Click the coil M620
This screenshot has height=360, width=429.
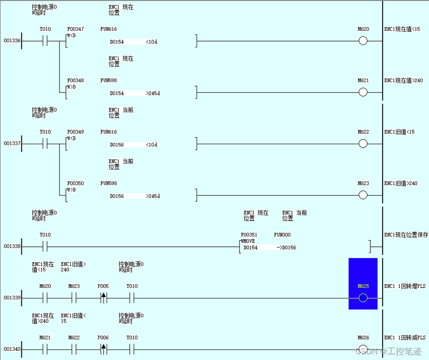(363, 41)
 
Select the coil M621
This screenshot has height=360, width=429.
(363, 92)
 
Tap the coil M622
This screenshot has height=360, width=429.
(363, 144)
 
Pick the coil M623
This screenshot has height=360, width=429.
(363, 195)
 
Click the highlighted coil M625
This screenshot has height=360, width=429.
(363, 298)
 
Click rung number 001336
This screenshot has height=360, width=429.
(12, 41)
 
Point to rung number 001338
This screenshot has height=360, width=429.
(12, 247)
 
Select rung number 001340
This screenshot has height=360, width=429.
(12, 349)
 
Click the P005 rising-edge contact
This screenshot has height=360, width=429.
(103, 298)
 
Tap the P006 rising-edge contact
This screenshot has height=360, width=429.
(103, 349)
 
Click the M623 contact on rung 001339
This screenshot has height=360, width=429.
(74, 298)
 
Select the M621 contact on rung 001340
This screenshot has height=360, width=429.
(45, 349)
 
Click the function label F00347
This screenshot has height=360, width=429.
(76, 30)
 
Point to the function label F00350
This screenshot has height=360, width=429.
(76, 183)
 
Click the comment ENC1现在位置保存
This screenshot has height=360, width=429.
(406, 235)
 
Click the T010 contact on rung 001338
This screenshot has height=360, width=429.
(45, 247)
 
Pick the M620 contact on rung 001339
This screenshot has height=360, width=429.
(45, 298)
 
